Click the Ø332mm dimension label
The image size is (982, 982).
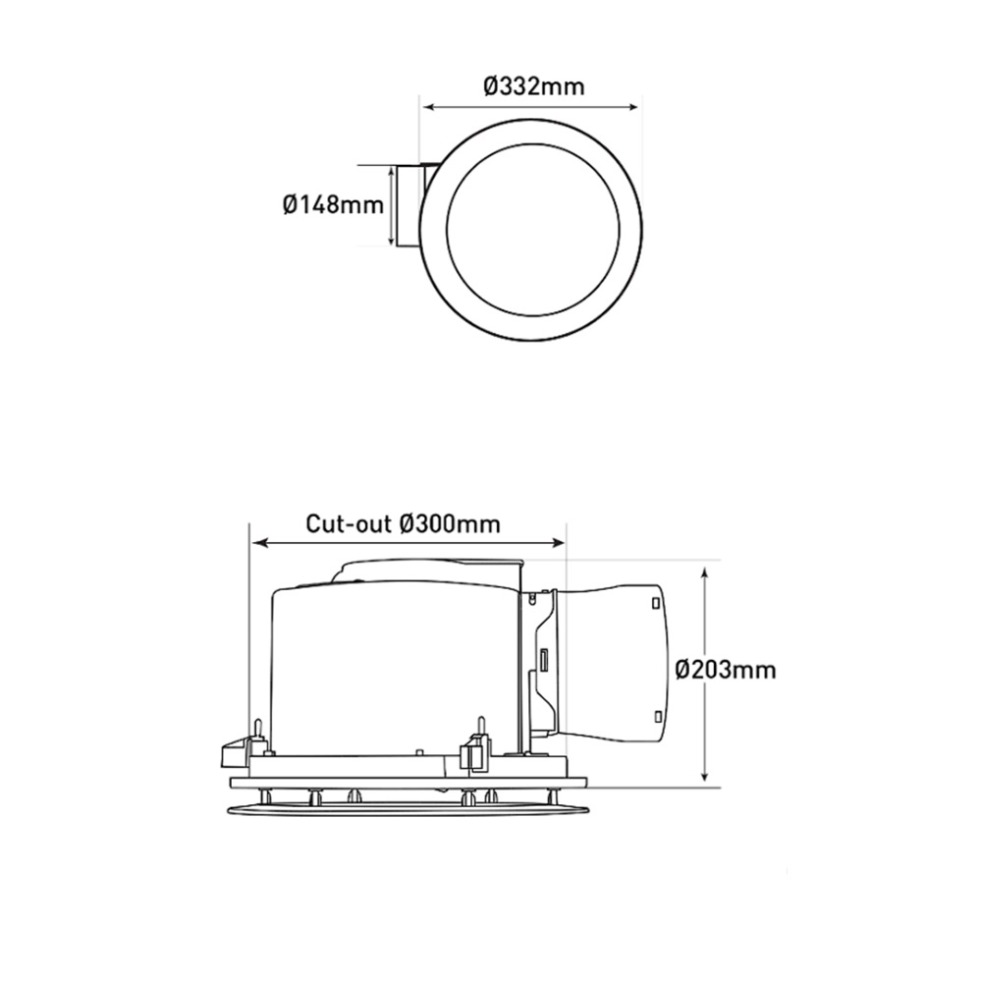[533, 86]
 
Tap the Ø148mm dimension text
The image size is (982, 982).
[332, 205]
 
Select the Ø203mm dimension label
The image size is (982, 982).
[726, 671]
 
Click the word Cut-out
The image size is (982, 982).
[350, 523]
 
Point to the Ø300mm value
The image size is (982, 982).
[451, 523]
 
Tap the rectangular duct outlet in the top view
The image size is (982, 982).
[409, 207]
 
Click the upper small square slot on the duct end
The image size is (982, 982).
[653, 602]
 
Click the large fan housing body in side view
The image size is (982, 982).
[393, 668]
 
